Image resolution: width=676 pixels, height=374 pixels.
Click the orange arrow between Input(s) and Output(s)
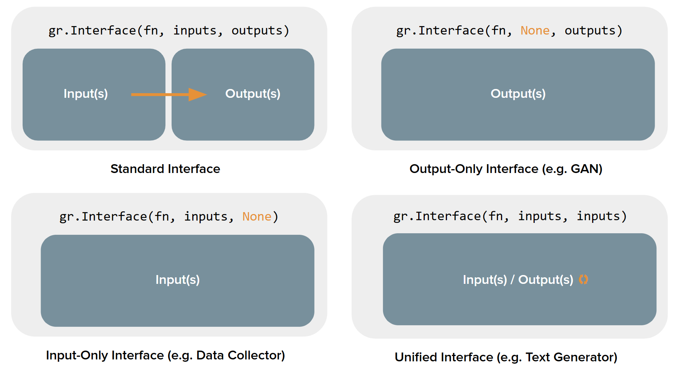click(169, 94)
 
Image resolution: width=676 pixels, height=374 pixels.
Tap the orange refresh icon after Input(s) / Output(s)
click(583, 280)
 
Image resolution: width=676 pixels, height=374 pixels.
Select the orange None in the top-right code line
click(535, 31)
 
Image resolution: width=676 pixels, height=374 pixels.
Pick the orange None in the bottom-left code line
click(257, 217)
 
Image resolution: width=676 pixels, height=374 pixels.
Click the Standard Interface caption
click(165, 169)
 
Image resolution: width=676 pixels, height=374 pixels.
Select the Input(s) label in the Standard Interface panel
click(86, 94)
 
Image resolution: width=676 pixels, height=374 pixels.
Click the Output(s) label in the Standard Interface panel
click(253, 94)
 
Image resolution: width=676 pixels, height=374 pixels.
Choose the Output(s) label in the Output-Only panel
click(518, 94)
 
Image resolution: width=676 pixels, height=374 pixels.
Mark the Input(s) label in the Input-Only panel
click(177, 280)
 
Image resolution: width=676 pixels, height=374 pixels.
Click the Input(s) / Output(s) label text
click(518, 280)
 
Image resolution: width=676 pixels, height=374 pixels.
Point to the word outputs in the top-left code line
click(257, 31)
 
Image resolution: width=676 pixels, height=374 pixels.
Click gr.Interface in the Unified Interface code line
click(437, 216)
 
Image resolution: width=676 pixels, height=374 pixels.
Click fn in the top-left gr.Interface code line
click(151, 31)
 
